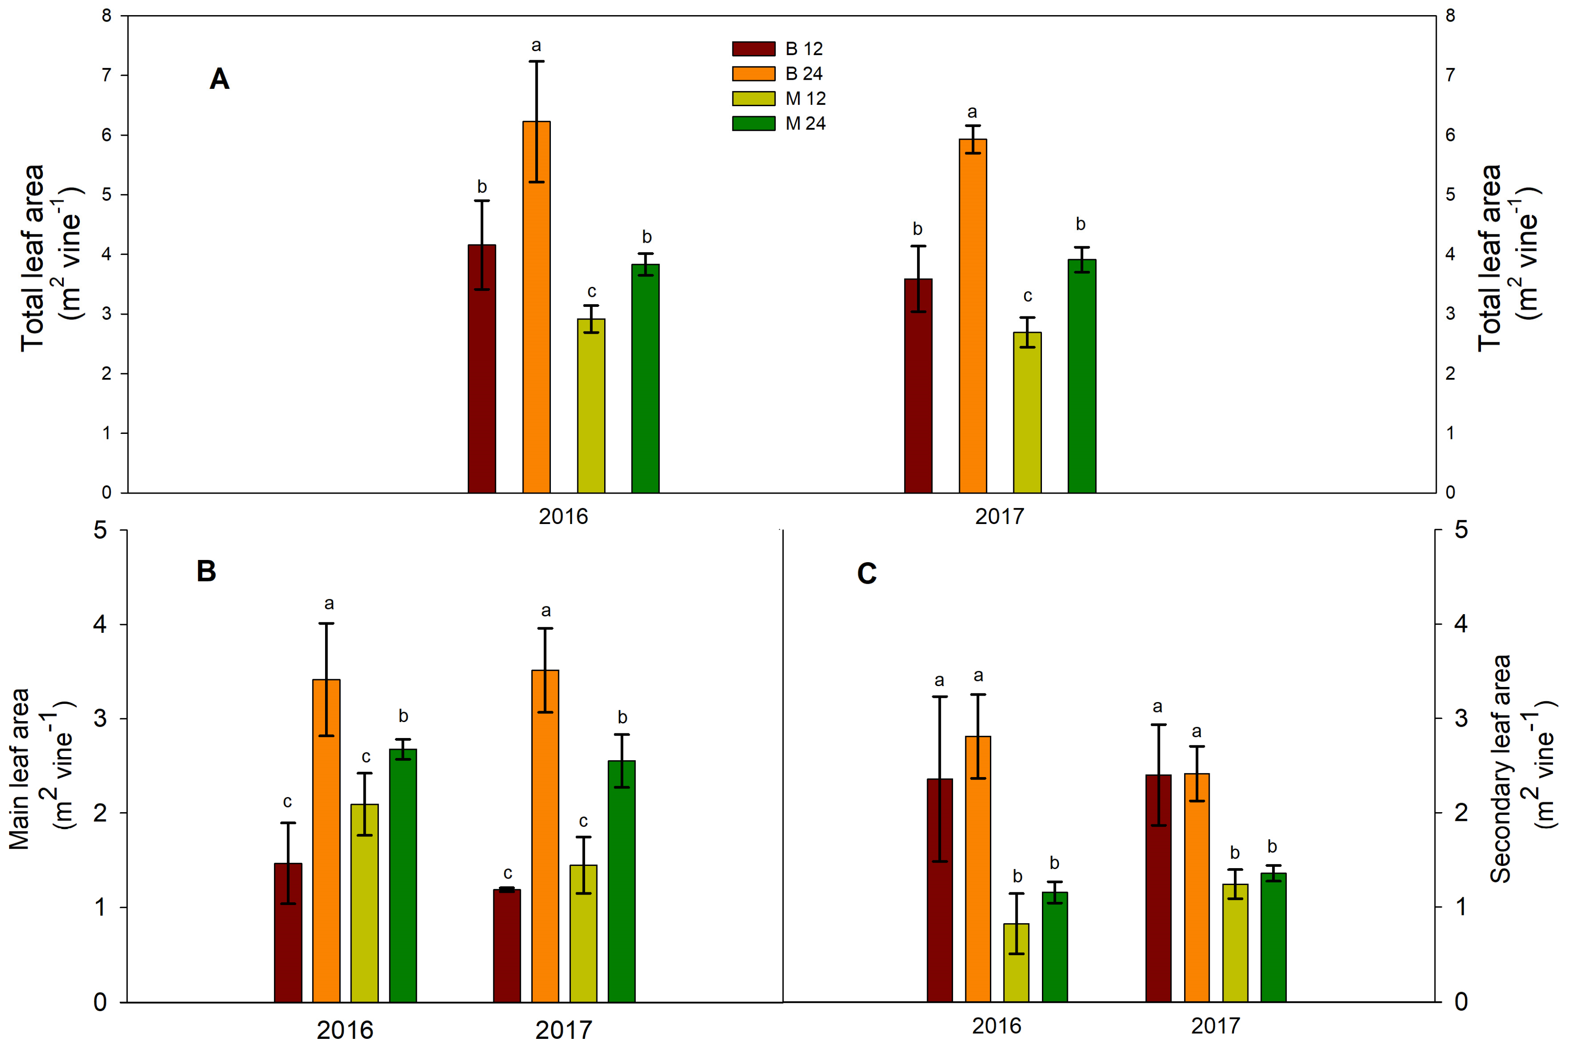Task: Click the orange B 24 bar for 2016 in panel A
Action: click(x=536, y=307)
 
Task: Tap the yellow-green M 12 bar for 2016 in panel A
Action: click(x=591, y=406)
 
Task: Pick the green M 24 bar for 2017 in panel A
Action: click(x=1081, y=376)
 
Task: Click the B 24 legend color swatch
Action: click(x=753, y=73)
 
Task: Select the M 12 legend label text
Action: click(x=805, y=98)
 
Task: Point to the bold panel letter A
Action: click(x=219, y=79)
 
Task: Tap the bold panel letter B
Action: click(x=206, y=571)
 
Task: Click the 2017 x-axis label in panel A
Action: click(x=999, y=516)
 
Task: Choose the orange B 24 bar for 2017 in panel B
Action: click(x=545, y=836)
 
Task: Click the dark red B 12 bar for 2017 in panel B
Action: click(x=507, y=946)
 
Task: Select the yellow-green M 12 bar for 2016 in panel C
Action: click(x=1016, y=963)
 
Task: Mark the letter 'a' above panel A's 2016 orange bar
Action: click(x=536, y=46)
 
